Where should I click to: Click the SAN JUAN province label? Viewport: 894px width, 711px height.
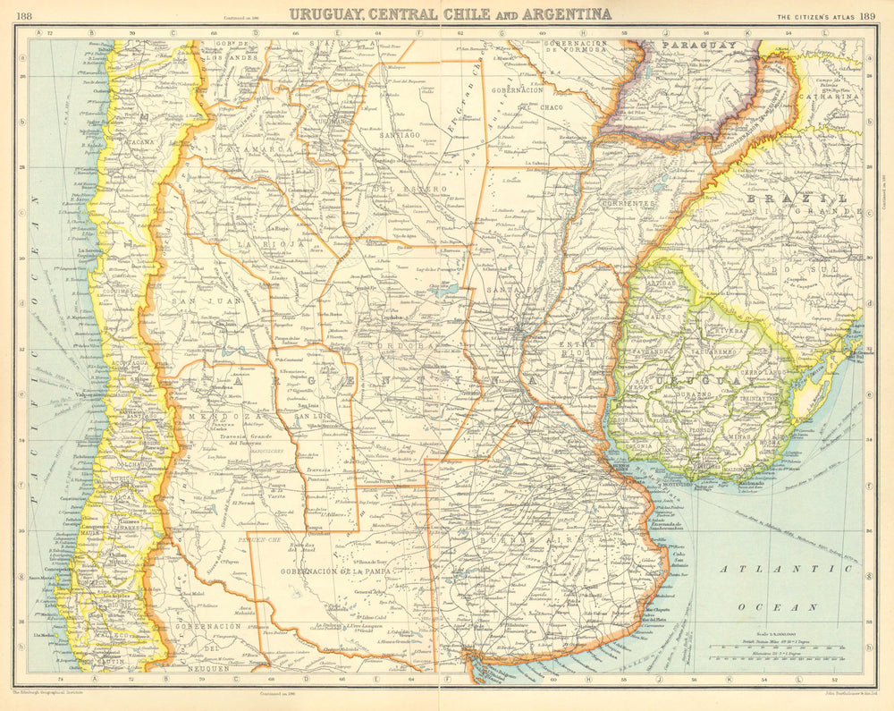point(188,300)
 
